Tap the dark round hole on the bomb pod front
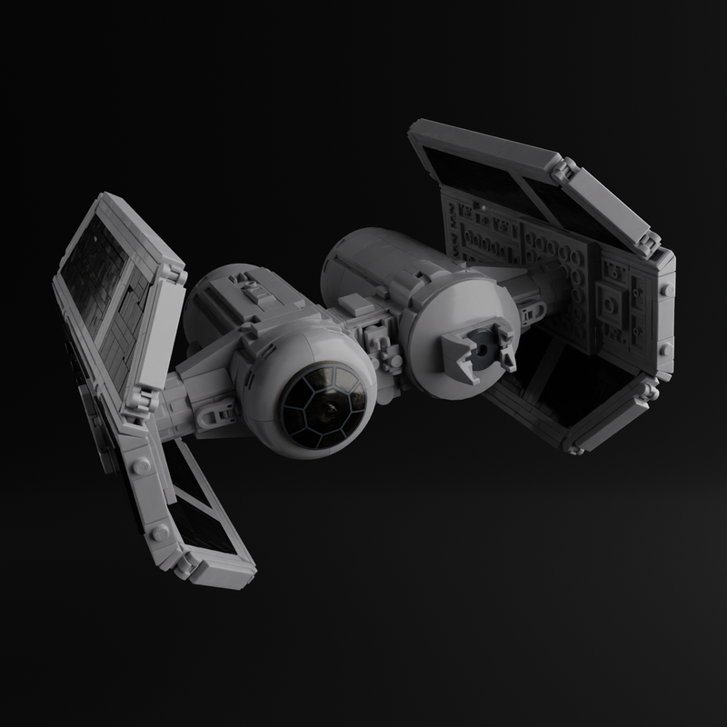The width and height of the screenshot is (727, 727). click(482, 350)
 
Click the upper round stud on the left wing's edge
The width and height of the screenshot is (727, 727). click(142, 465)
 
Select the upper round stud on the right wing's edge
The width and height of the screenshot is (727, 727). click(666, 289)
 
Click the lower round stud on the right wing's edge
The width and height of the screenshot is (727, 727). click(664, 349)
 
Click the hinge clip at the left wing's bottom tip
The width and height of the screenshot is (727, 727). click(186, 565)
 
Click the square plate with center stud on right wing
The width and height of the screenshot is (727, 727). click(612, 299)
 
